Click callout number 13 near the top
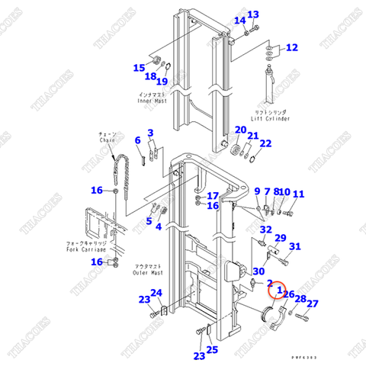tap(254, 14)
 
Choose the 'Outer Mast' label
tap(146, 272)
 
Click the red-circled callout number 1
tap(279, 290)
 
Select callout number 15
tap(139, 68)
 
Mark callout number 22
tap(265, 143)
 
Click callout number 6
tap(138, 140)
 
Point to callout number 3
tap(151, 133)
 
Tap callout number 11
tap(298, 194)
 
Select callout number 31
tap(295, 246)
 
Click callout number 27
tap(313, 303)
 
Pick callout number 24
tap(156, 293)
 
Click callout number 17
tap(213, 196)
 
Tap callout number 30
tap(259, 271)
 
